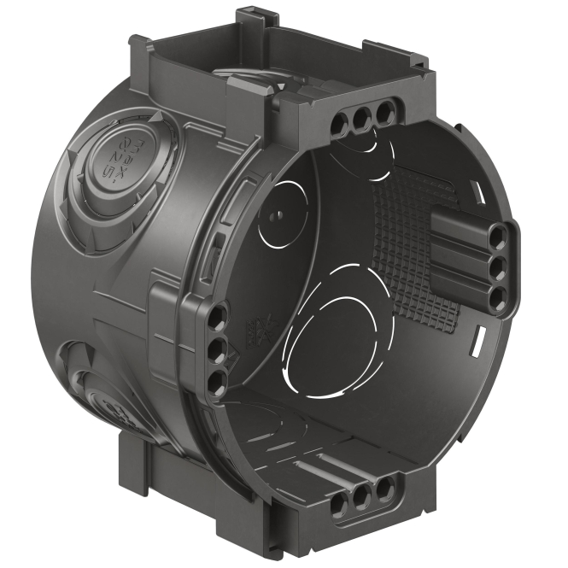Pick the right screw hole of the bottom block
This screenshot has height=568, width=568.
point(386,488)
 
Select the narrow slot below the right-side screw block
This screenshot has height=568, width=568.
point(475,346)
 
